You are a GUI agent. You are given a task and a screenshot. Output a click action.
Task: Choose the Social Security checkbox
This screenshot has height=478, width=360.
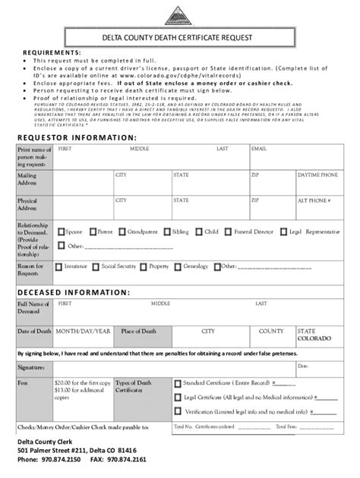coord(96,267)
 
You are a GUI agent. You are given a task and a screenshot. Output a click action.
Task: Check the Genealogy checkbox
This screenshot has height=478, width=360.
coord(179,267)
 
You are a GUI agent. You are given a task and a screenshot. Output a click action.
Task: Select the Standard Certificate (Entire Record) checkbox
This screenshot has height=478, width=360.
coord(177,384)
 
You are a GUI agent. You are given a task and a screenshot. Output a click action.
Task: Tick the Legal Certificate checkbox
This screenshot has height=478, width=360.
coord(177,398)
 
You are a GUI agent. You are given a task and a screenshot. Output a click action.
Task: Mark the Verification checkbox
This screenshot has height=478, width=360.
coord(177,411)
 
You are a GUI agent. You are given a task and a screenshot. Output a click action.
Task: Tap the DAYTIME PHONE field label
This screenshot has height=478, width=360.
coord(318,175)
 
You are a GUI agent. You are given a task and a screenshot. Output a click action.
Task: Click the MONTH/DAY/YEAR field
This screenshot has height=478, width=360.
coord(83,332)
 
